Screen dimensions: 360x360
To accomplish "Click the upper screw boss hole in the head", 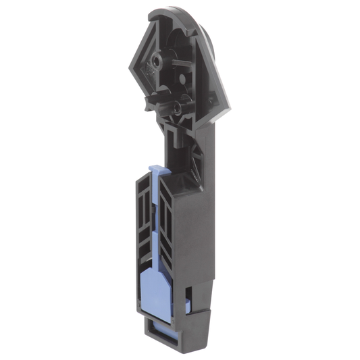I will point(157,61).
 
